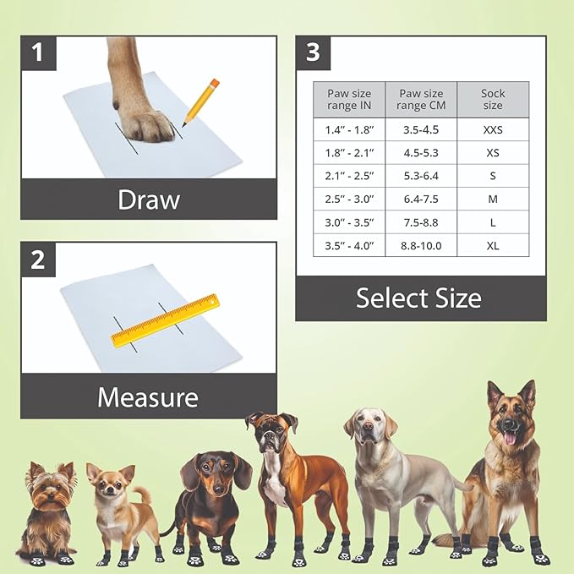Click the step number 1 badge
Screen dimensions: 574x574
38,53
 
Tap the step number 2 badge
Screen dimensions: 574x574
38,260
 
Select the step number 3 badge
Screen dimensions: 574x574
313,52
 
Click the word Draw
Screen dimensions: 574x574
149,200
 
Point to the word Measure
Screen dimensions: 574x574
148,396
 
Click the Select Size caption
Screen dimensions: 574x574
418,298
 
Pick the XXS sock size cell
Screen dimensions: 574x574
493,129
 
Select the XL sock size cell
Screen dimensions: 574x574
493,245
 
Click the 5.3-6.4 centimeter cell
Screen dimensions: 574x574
421,176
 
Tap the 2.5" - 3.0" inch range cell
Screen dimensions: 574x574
348,199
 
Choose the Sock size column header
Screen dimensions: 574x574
493,99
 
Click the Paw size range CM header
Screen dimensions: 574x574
421,99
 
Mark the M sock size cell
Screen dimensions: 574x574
493,199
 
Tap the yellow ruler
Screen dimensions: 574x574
165,321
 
